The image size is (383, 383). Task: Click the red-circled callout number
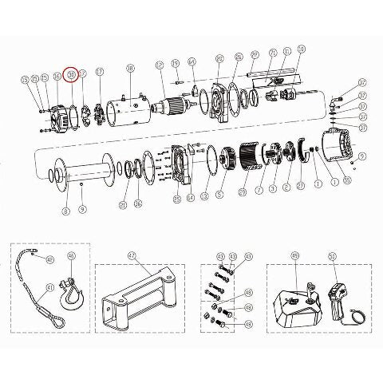point(72,74)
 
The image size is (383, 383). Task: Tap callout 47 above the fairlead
point(132,258)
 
